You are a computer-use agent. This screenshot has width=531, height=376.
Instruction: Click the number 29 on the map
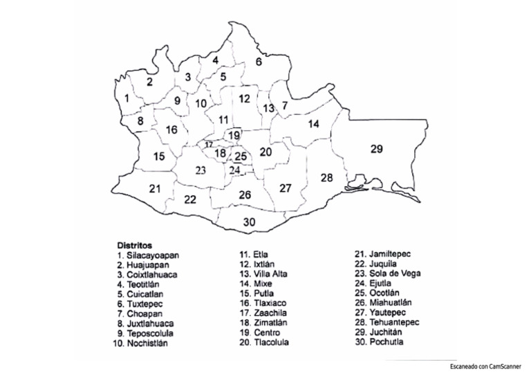click(376, 149)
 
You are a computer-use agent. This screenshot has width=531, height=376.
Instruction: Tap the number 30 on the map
click(249, 222)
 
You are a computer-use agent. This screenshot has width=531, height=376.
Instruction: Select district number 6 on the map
click(259, 62)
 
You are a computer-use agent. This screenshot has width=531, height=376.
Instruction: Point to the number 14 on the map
click(313, 124)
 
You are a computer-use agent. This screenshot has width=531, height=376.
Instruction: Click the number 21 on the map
click(155, 188)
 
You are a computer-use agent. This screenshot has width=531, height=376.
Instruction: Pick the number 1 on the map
click(127, 99)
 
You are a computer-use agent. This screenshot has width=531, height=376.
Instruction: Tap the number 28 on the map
click(326, 177)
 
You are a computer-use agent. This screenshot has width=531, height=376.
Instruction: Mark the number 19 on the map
click(234, 135)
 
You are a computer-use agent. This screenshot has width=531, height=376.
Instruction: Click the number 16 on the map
click(171, 129)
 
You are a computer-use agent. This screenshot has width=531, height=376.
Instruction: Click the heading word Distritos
click(134, 245)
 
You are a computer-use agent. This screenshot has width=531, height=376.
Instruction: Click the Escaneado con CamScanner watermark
click(485, 366)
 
